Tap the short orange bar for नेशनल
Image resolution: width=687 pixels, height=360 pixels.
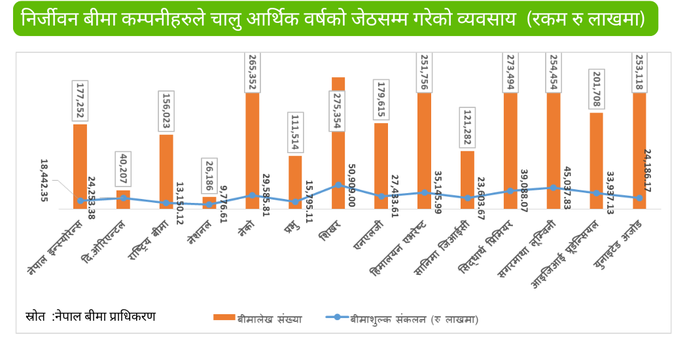point(209,202)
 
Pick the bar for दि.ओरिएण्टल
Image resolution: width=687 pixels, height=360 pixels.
point(123,200)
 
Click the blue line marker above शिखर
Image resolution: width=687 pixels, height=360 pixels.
point(338,185)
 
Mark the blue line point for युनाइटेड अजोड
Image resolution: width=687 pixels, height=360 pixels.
point(639,198)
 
